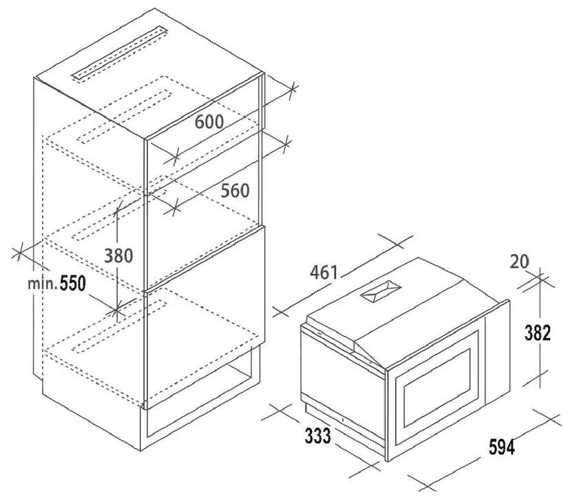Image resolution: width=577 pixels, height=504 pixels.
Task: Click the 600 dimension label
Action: tap(209, 122)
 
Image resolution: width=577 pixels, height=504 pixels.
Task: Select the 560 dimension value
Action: tap(235, 191)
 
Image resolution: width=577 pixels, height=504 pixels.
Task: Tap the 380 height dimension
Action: tap(118, 255)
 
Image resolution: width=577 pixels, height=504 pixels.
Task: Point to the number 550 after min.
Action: tap(73, 283)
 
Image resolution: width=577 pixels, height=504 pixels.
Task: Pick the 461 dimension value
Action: tap(324, 273)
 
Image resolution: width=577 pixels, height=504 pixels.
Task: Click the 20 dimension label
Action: tap(520, 261)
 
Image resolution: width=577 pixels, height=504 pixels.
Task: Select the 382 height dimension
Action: tap(538, 333)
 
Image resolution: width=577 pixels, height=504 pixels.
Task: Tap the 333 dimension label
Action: tap(318, 436)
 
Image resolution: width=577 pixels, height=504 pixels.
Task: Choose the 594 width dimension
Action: tap(502, 447)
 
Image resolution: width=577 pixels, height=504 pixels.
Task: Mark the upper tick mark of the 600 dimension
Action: tap(293, 90)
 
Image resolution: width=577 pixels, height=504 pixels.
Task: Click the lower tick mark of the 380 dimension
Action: tap(116, 311)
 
